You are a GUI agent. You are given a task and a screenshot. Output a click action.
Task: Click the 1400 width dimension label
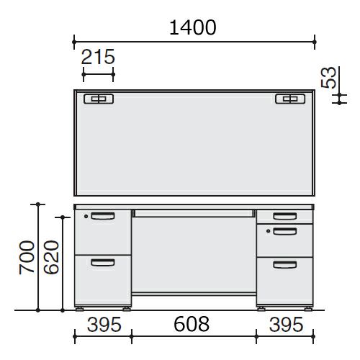click(x=193, y=27)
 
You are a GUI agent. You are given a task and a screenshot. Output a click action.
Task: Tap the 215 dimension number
click(x=98, y=57)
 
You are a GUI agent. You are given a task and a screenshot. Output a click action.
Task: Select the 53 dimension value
click(x=328, y=77)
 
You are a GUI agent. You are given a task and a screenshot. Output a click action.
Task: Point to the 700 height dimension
click(x=27, y=257)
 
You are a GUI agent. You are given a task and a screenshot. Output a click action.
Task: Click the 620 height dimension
click(x=51, y=257)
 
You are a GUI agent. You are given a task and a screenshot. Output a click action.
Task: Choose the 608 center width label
click(x=192, y=324)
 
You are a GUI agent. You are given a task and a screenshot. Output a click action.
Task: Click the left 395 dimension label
click(x=104, y=325)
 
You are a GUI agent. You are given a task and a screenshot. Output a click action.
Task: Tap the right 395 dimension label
click(x=286, y=325)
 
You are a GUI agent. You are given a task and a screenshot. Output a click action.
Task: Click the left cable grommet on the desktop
click(x=99, y=99)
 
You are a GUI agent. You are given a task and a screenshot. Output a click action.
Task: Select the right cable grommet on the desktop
click(x=290, y=99)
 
